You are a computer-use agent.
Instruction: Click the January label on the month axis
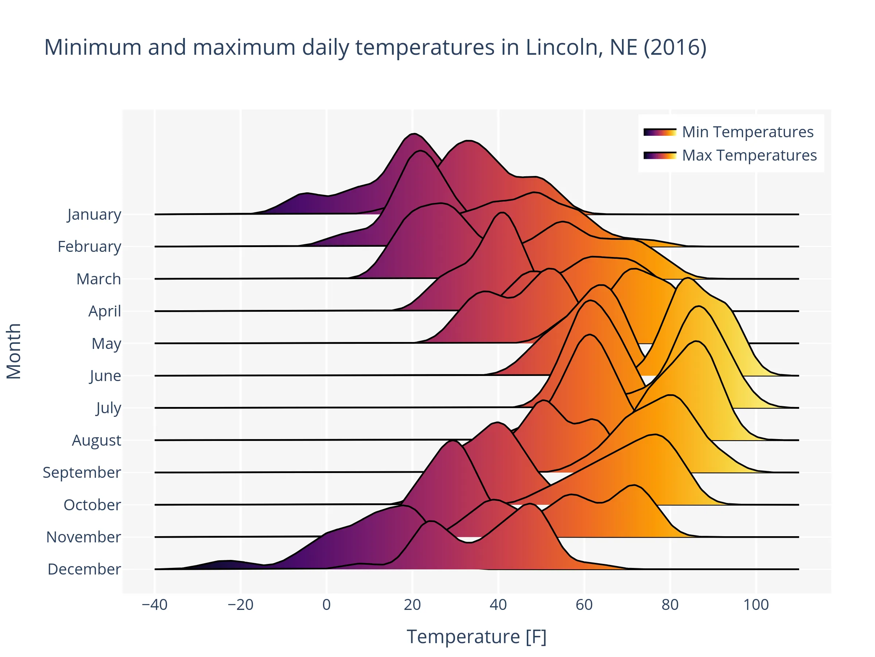[x=94, y=214]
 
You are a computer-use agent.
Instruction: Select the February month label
[x=89, y=246]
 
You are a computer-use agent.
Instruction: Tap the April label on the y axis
[x=104, y=311]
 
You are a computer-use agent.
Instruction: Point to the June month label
[x=105, y=376]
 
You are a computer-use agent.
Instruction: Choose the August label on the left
[x=97, y=440]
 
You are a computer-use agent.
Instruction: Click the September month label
[x=82, y=472]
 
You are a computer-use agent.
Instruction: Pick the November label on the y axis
[x=83, y=537]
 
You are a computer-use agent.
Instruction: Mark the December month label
[x=84, y=569]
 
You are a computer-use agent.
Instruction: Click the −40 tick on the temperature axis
[x=155, y=605]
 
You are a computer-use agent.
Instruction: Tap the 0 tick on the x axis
[x=326, y=605]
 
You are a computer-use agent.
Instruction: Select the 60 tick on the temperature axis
[x=584, y=605]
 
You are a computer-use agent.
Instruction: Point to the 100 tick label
[x=756, y=605]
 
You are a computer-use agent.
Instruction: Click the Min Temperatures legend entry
[x=748, y=132]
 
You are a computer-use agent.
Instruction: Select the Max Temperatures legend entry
[x=749, y=155]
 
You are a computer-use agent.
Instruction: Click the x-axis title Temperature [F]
[x=476, y=637]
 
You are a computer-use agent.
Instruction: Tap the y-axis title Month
[x=14, y=351]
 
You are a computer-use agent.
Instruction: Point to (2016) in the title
[x=675, y=47]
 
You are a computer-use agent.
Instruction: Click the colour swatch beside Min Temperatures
[x=660, y=132]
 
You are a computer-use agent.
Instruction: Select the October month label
[x=92, y=504]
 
